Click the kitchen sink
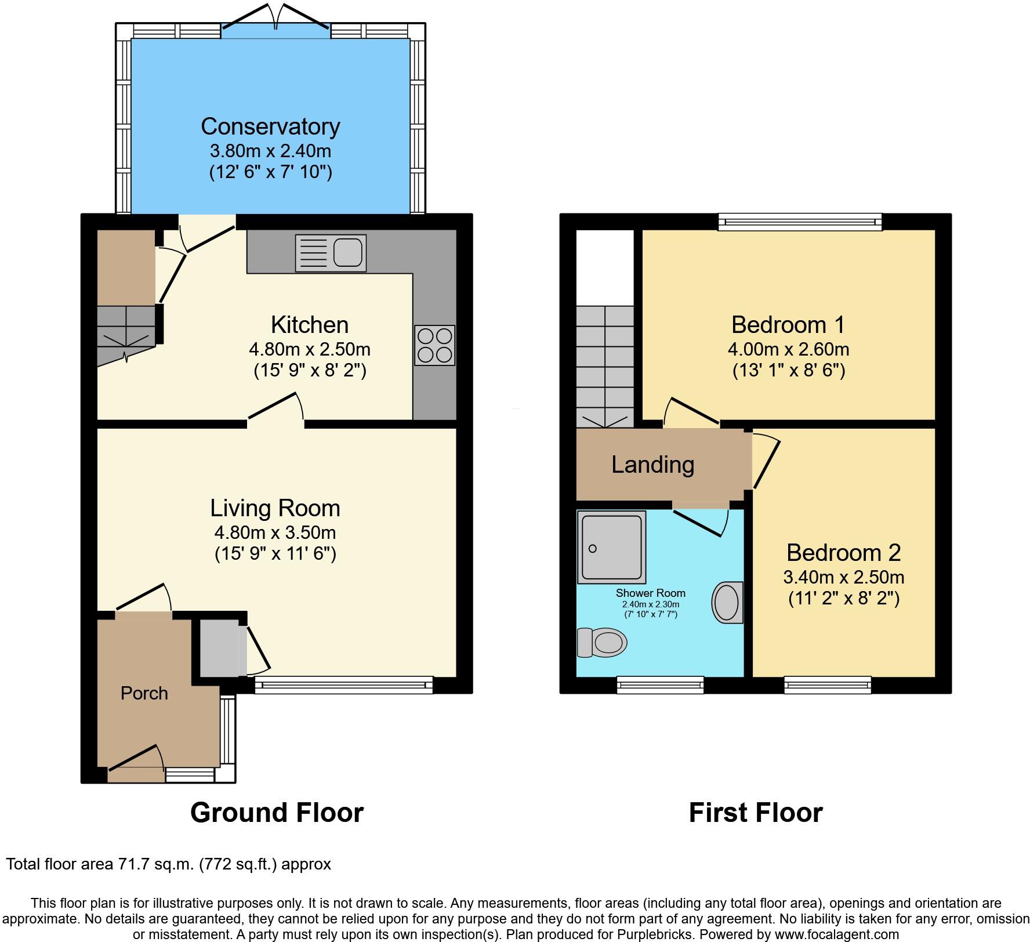tap(331, 253)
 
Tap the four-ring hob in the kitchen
tap(434, 345)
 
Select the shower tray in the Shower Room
tap(611, 547)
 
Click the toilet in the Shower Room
tap(603, 643)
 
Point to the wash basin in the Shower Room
tap(727, 602)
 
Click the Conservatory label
tap(270, 126)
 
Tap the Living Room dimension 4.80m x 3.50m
tap(275, 532)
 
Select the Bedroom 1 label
tap(788, 325)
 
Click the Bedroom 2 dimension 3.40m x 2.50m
tap(843, 577)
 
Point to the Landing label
tap(652, 465)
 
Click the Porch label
tap(144, 693)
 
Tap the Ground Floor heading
tap(277, 813)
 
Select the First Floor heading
tap(755, 813)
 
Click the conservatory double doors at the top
tap(276, 23)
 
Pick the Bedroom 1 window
tap(800, 221)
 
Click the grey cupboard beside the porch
tap(219, 648)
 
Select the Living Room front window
tap(343, 685)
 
